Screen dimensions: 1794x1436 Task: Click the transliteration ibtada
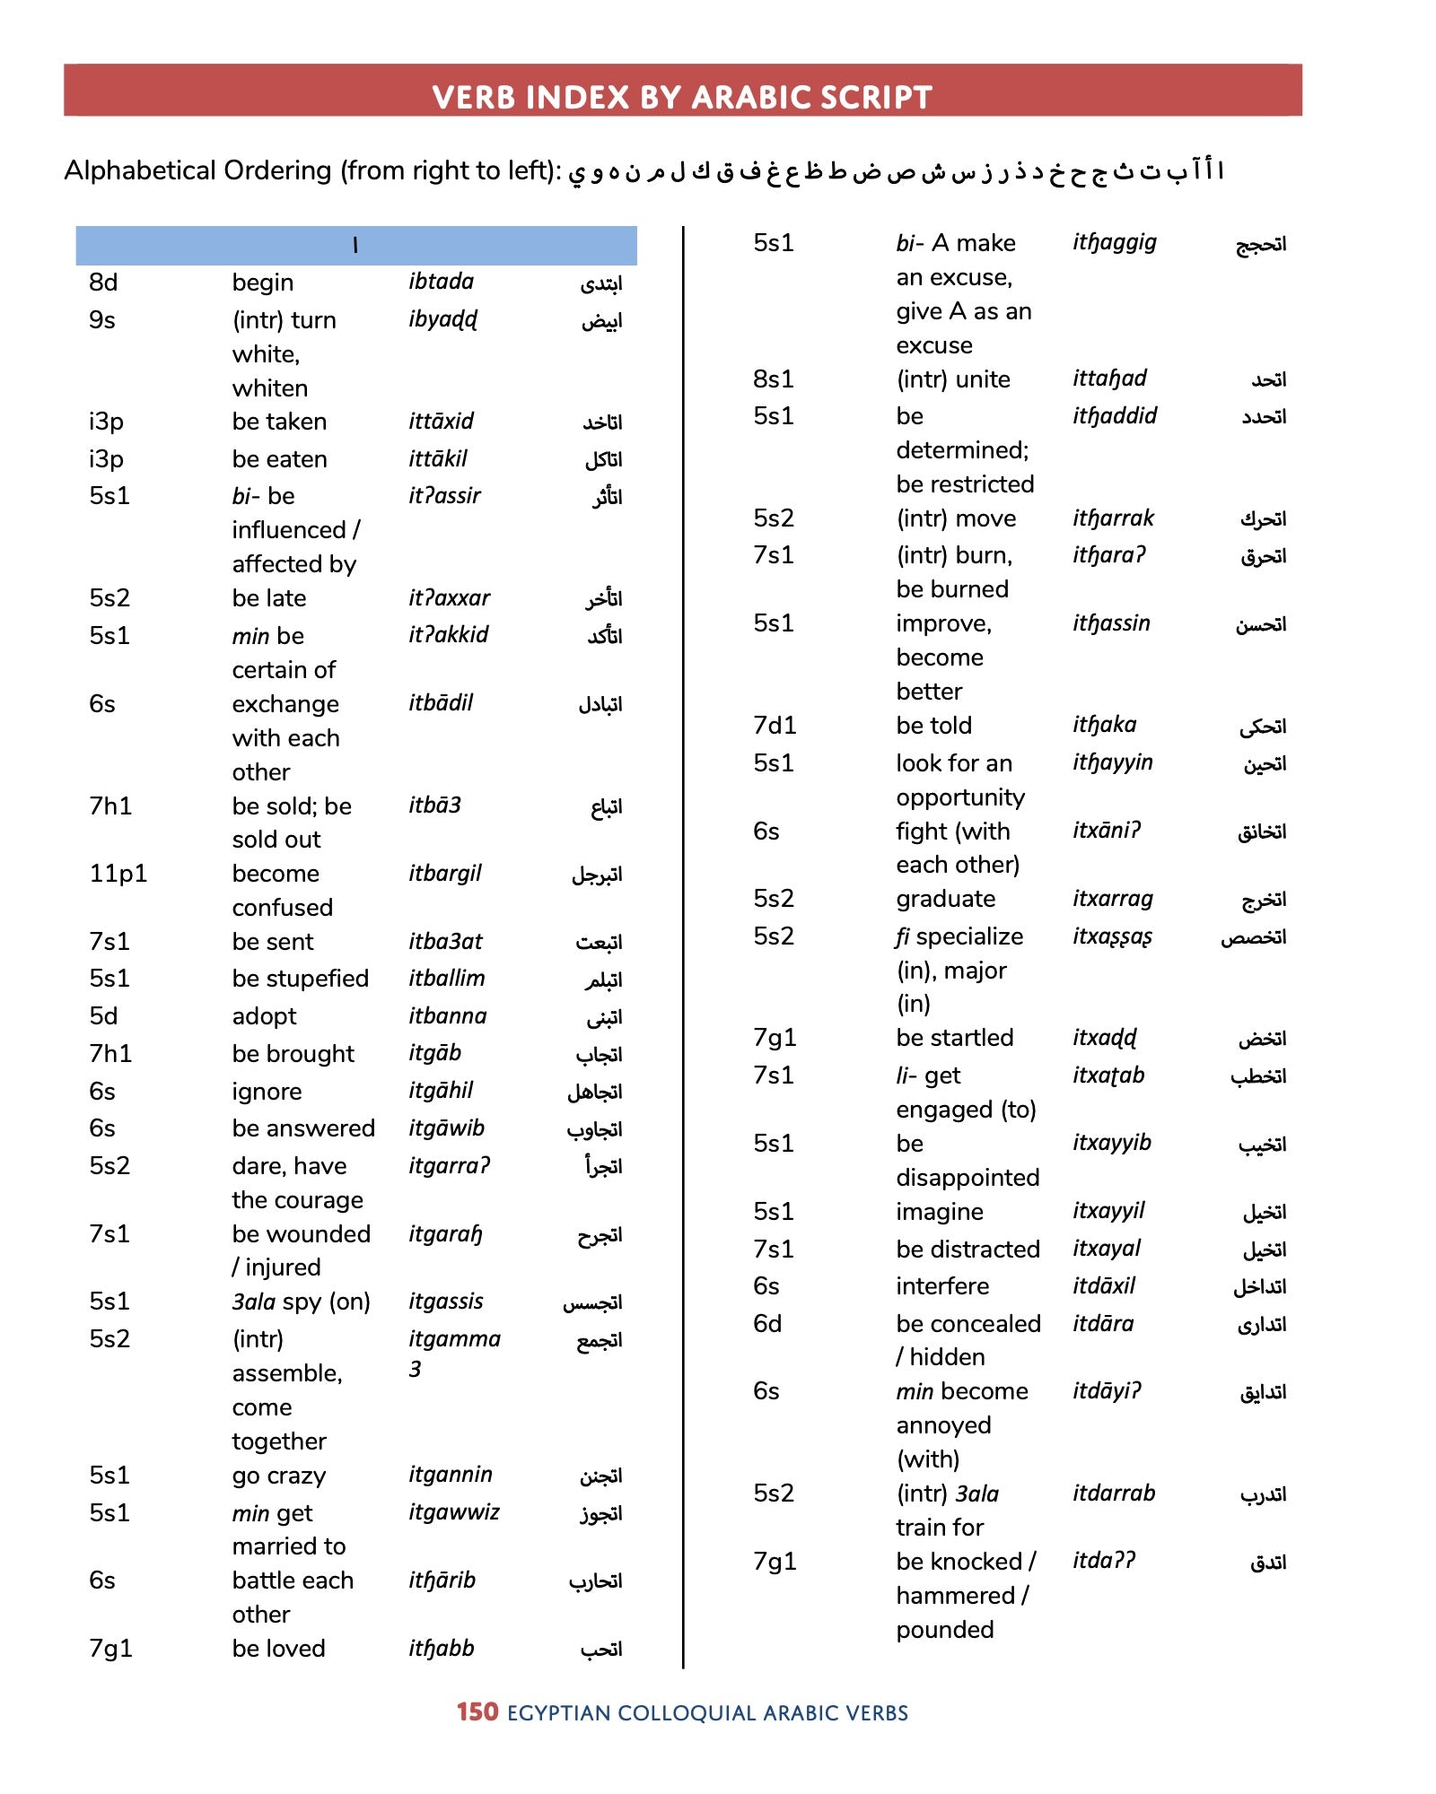[441, 282]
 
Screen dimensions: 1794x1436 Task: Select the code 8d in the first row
[103, 283]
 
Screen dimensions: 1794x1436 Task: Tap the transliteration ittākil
[437, 459]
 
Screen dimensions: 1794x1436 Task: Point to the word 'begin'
[262, 283]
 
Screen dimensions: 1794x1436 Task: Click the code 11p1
[118, 874]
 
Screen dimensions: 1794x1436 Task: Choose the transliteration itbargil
[444, 874]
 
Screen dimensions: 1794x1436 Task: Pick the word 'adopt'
[264, 1016]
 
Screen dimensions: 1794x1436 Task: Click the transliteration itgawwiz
[453, 1512]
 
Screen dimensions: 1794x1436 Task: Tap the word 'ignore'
[267, 1092]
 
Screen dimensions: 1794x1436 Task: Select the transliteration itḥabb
[441, 1649]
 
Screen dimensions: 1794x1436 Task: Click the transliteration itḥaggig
[1114, 243]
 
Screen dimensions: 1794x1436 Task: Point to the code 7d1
[774, 726]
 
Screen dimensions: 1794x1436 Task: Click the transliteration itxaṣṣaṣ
[1112, 936]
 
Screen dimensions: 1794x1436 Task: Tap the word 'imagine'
[939, 1212]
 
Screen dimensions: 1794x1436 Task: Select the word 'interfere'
[941, 1286]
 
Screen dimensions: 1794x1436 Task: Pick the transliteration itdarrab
[1113, 1494]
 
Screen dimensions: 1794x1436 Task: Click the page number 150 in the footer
[477, 1712]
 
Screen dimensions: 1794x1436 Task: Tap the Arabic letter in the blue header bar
[355, 246]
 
